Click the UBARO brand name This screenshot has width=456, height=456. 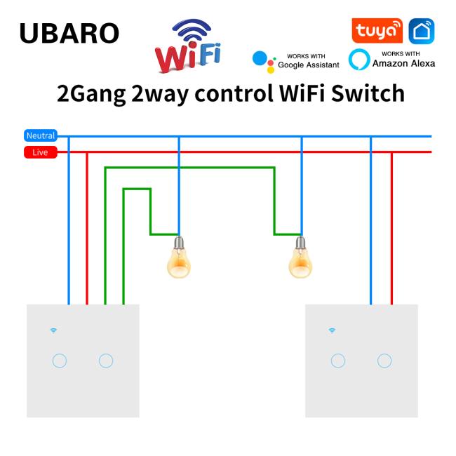click(x=69, y=33)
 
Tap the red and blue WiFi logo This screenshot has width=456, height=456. click(x=188, y=46)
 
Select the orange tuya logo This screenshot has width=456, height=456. click(x=377, y=31)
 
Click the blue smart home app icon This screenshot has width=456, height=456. click(x=422, y=31)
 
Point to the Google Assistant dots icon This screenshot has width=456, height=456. click(x=264, y=62)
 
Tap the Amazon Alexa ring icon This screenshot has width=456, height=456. click(x=359, y=60)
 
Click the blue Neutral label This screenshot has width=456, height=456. click(x=41, y=135)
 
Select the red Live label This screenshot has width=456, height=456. click(x=41, y=152)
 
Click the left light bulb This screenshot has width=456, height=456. click(x=179, y=257)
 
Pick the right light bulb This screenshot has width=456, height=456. click(x=300, y=257)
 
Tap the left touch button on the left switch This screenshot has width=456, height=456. click(x=60, y=361)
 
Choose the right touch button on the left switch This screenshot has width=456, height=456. click(x=106, y=361)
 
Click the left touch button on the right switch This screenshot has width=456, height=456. click(x=338, y=361)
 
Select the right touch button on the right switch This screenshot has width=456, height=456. click(x=384, y=361)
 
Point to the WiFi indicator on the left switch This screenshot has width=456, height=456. click(x=53, y=330)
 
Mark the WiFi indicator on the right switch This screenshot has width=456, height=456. click(x=332, y=330)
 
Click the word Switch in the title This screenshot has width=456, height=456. click(x=368, y=93)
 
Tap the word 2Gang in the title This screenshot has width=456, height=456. click(x=91, y=94)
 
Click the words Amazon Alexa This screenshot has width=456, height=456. click(x=403, y=63)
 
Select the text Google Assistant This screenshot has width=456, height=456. click(x=309, y=65)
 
